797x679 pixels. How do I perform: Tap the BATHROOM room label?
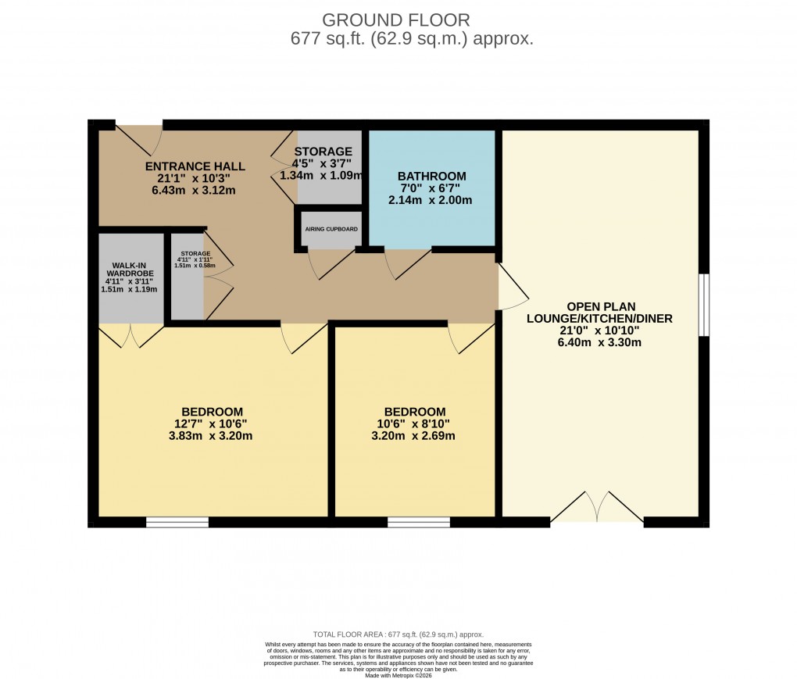tap(431, 176)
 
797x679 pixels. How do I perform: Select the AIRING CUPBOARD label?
tap(331, 229)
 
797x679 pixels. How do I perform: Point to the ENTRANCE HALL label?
tap(195, 166)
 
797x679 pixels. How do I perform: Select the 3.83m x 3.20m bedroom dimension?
tap(212, 436)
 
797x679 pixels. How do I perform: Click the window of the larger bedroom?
tap(177, 522)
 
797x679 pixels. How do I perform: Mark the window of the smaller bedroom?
tap(418, 522)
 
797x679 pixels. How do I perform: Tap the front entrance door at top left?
tap(139, 138)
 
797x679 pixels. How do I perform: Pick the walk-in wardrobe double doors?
tap(131, 336)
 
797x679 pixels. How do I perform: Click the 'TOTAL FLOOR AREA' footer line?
tap(398, 634)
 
